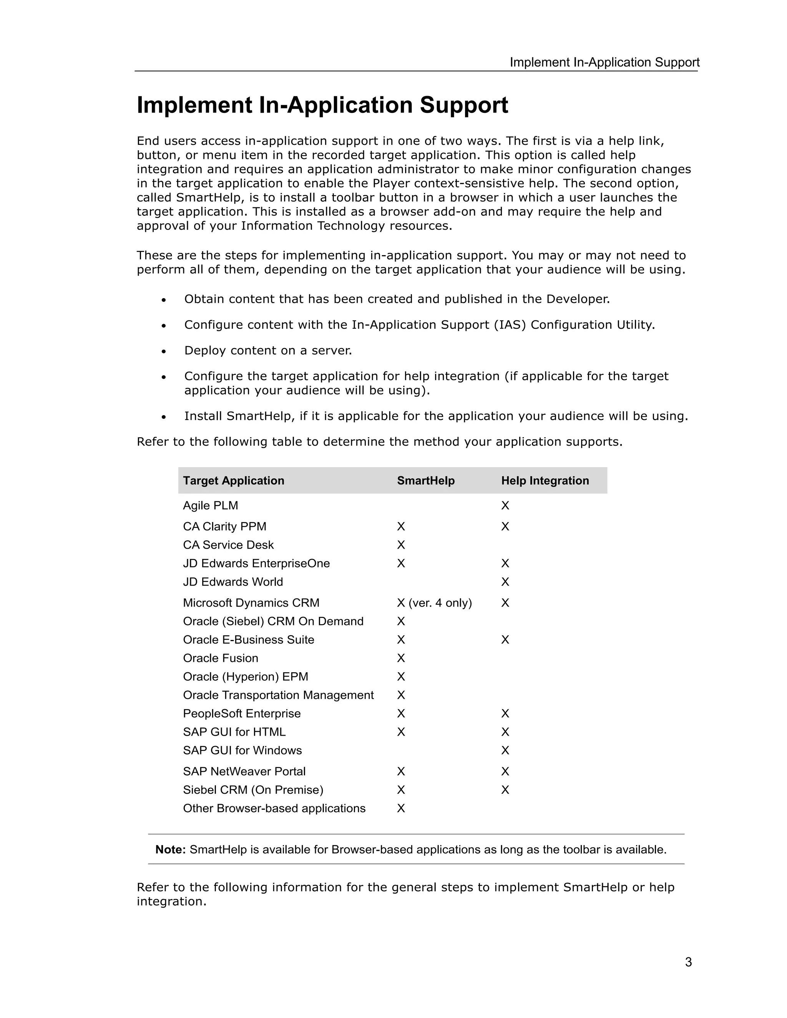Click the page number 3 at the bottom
(688, 962)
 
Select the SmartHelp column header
(425, 481)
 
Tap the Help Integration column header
(545, 481)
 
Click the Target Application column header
(233, 481)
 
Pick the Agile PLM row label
(210, 506)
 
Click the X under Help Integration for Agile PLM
(505, 506)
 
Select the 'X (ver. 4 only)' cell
(434, 603)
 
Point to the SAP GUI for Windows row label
(242, 751)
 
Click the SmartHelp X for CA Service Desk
(401, 545)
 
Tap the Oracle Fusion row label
(220, 658)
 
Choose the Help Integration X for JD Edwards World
(505, 582)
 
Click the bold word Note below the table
(170, 850)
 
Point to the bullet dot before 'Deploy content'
(164, 351)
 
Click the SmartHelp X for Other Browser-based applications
(401, 809)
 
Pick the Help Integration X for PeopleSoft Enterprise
(505, 714)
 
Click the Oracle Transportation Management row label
(278, 695)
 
